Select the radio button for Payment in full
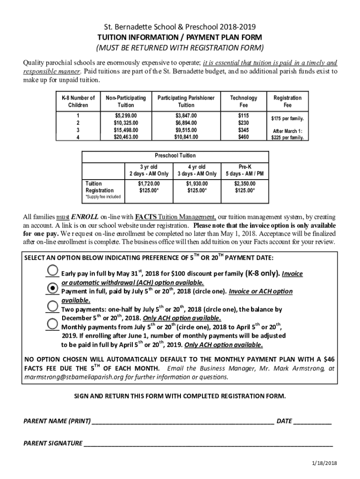click(x=54, y=289)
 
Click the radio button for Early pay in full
click(x=54, y=271)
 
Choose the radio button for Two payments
click(x=54, y=306)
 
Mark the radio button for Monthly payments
click(x=54, y=324)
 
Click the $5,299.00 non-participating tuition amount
click(x=126, y=115)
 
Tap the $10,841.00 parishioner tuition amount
click(x=186, y=137)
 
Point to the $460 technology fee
click(x=244, y=137)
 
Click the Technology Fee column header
click(x=244, y=102)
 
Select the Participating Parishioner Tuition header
click(x=186, y=102)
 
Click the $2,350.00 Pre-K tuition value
click(x=245, y=184)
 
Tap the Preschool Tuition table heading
click(x=175, y=155)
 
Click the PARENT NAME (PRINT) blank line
click(x=183, y=421)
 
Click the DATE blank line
click(x=313, y=421)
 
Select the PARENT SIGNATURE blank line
click(x=208, y=443)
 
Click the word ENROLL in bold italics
click(x=85, y=217)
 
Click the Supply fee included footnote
click(x=102, y=197)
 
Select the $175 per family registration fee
click(x=288, y=119)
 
